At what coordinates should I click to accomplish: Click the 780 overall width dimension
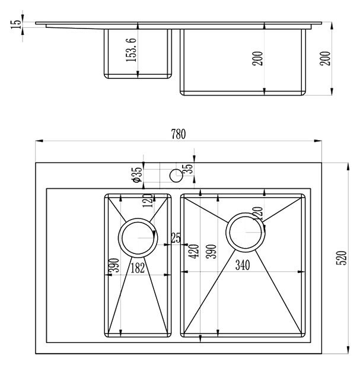click(179, 134)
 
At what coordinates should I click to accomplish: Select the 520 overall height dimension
click(342, 258)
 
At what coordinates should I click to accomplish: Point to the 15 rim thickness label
click(16, 24)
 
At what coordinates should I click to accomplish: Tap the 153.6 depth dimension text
click(131, 50)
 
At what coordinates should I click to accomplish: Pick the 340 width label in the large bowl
click(243, 265)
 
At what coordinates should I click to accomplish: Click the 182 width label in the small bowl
click(138, 268)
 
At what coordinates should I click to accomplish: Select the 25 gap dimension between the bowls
click(176, 238)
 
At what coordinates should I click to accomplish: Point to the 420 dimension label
click(194, 251)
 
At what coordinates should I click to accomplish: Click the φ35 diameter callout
click(136, 174)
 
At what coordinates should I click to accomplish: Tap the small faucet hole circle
click(176, 176)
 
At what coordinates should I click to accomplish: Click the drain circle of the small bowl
click(138, 237)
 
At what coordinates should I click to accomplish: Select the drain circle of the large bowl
click(246, 232)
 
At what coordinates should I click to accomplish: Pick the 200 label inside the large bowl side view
click(257, 58)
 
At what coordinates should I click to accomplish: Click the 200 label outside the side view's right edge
click(325, 58)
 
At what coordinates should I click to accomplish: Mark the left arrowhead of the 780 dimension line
click(39, 141)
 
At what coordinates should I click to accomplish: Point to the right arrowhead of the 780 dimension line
click(318, 141)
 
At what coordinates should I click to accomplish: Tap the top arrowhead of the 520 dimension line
click(348, 167)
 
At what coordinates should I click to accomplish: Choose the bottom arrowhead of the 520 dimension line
click(348, 350)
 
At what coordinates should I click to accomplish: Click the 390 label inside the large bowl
click(211, 252)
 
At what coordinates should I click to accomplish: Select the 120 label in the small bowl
click(149, 201)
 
